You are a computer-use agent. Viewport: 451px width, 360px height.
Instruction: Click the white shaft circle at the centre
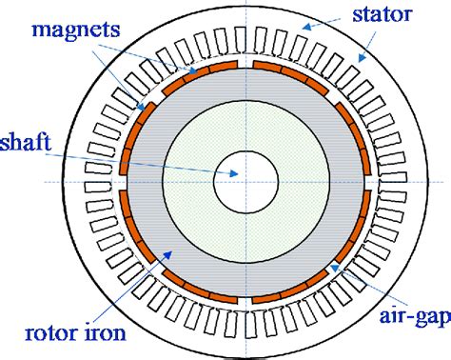click(245, 180)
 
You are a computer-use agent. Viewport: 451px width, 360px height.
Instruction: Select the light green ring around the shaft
click(245, 124)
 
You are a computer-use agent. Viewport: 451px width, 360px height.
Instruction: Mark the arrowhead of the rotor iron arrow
click(169, 252)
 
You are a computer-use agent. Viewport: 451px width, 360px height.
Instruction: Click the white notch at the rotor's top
click(245, 65)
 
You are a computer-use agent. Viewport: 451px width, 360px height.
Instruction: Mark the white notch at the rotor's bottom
click(245, 296)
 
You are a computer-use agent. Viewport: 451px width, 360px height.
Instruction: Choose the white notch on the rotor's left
click(129, 180)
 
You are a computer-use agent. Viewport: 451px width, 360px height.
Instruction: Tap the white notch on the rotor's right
click(362, 180)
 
